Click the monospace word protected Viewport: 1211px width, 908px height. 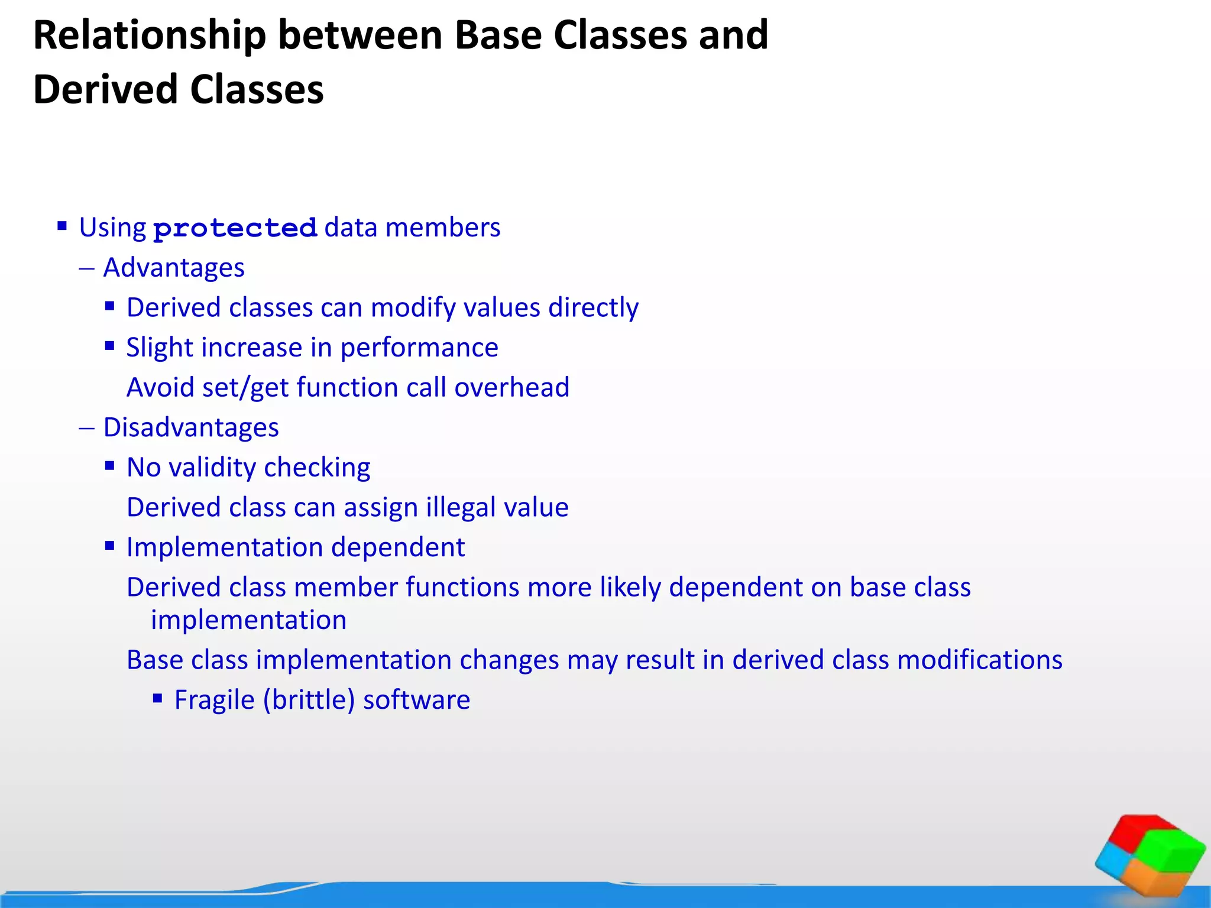235,229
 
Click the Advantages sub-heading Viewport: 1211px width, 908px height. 174,268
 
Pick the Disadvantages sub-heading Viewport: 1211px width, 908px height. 191,427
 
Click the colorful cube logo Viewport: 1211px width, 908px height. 1149,855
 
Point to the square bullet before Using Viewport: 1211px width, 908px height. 62,225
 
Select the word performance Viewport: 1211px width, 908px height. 419,348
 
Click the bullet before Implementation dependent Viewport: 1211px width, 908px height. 109,546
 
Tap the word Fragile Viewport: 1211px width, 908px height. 214,700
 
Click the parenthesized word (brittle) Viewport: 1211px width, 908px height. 309,700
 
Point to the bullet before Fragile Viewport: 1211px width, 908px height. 157,699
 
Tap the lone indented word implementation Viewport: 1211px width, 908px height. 248,620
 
